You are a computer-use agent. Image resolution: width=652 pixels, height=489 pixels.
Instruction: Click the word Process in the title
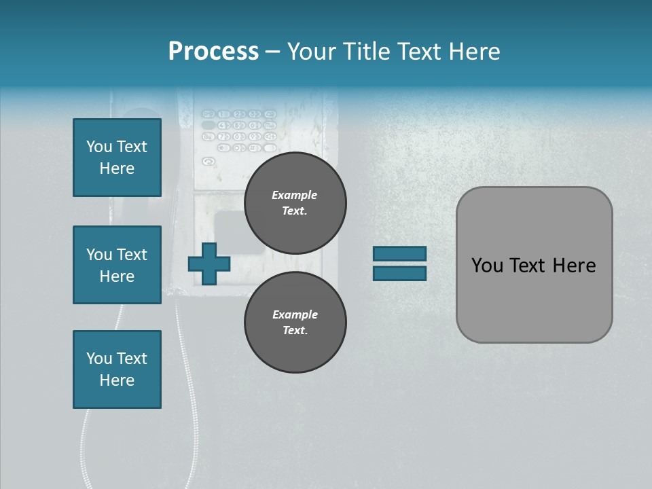[x=213, y=52]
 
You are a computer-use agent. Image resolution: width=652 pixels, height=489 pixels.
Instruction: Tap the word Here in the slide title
[x=473, y=52]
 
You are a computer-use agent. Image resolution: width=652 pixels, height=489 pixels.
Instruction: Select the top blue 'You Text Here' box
[x=117, y=158]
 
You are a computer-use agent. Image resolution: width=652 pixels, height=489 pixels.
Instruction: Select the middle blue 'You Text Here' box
[x=117, y=265]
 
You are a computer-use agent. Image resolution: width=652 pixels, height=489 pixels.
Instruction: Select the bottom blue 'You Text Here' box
[x=117, y=369]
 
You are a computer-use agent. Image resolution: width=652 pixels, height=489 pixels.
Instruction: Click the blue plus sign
[x=209, y=264]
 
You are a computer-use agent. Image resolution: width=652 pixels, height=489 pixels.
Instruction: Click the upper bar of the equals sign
[x=399, y=253]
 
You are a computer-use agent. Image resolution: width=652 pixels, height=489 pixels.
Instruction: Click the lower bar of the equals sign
[x=399, y=274]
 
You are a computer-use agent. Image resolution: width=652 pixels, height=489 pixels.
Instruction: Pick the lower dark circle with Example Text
[x=295, y=322]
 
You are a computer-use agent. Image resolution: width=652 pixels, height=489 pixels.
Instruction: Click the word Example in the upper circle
[x=295, y=195]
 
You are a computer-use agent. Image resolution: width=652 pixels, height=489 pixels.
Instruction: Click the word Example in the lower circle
[x=295, y=314]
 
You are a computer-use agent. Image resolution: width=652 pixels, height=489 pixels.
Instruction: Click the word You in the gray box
[x=488, y=266]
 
